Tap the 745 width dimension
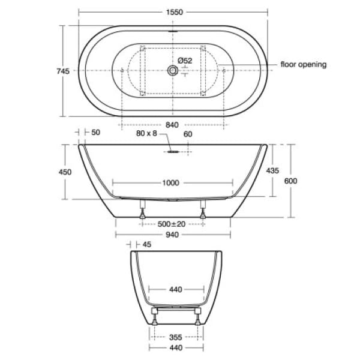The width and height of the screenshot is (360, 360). (63, 71)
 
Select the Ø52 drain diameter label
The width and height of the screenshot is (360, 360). (185, 61)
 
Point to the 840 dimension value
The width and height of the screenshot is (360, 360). (173, 125)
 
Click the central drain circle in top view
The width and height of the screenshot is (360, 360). (173, 71)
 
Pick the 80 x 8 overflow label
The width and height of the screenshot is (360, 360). (146, 134)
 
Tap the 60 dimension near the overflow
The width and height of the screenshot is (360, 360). (187, 134)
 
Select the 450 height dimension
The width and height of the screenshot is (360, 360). (65, 172)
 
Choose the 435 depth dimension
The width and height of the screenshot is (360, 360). (272, 170)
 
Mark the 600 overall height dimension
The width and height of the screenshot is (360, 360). (291, 181)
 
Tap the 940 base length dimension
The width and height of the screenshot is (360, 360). (172, 235)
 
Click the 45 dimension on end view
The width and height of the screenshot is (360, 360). (148, 244)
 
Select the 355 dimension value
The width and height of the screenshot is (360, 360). (176, 337)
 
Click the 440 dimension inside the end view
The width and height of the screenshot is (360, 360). (175, 290)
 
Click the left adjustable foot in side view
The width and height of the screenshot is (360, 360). (143, 211)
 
